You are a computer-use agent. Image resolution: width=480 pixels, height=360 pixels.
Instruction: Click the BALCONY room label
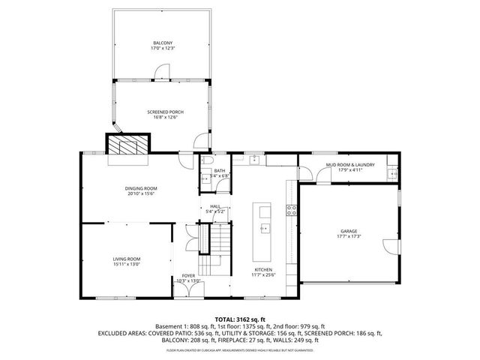(x=162, y=43)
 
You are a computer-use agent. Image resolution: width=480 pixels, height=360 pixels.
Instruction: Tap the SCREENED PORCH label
(x=165, y=112)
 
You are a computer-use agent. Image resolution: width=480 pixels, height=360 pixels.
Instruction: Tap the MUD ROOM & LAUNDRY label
(x=349, y=164)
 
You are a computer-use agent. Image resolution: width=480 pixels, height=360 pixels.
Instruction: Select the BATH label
(x=219, y=171)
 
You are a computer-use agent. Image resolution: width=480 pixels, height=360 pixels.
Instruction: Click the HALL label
(x=216, y=206)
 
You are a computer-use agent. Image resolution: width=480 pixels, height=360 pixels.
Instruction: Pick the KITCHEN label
(x=262, y=269)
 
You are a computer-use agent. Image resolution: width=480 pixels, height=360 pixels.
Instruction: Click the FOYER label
(x=189, y=276)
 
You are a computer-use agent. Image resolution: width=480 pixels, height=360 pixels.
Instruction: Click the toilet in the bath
(x=208, y=160)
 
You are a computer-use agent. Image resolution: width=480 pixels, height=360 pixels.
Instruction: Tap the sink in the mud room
(x=391, y=175)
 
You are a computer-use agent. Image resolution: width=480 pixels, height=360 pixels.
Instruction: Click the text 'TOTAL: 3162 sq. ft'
(x=239, y=319)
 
